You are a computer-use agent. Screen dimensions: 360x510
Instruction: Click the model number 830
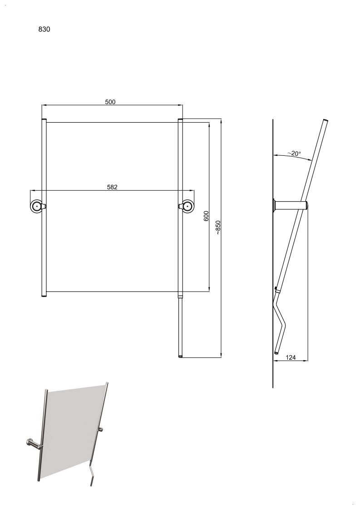point(44,29)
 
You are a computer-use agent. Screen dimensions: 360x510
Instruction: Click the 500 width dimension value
point(110,102)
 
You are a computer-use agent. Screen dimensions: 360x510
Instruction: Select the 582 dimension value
point(112,187)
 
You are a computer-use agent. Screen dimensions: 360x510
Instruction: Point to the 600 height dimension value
point(206,216)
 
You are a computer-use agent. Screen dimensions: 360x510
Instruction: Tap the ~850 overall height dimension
point(218,228)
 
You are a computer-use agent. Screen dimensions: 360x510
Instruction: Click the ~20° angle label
point(294,153)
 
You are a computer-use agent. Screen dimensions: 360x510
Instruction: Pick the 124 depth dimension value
point(291,357)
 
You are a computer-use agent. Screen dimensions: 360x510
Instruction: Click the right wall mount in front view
point(186,206)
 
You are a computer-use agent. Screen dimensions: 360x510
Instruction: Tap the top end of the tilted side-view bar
point(325,121)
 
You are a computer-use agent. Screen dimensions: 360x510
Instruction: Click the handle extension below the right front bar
point(181,327)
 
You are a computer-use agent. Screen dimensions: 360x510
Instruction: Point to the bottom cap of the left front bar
point(44,296)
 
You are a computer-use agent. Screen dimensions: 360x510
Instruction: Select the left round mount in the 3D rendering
point(33,443)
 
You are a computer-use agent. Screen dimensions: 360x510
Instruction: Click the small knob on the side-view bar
point(276,288)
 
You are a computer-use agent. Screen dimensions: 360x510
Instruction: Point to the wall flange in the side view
point(275,206)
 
